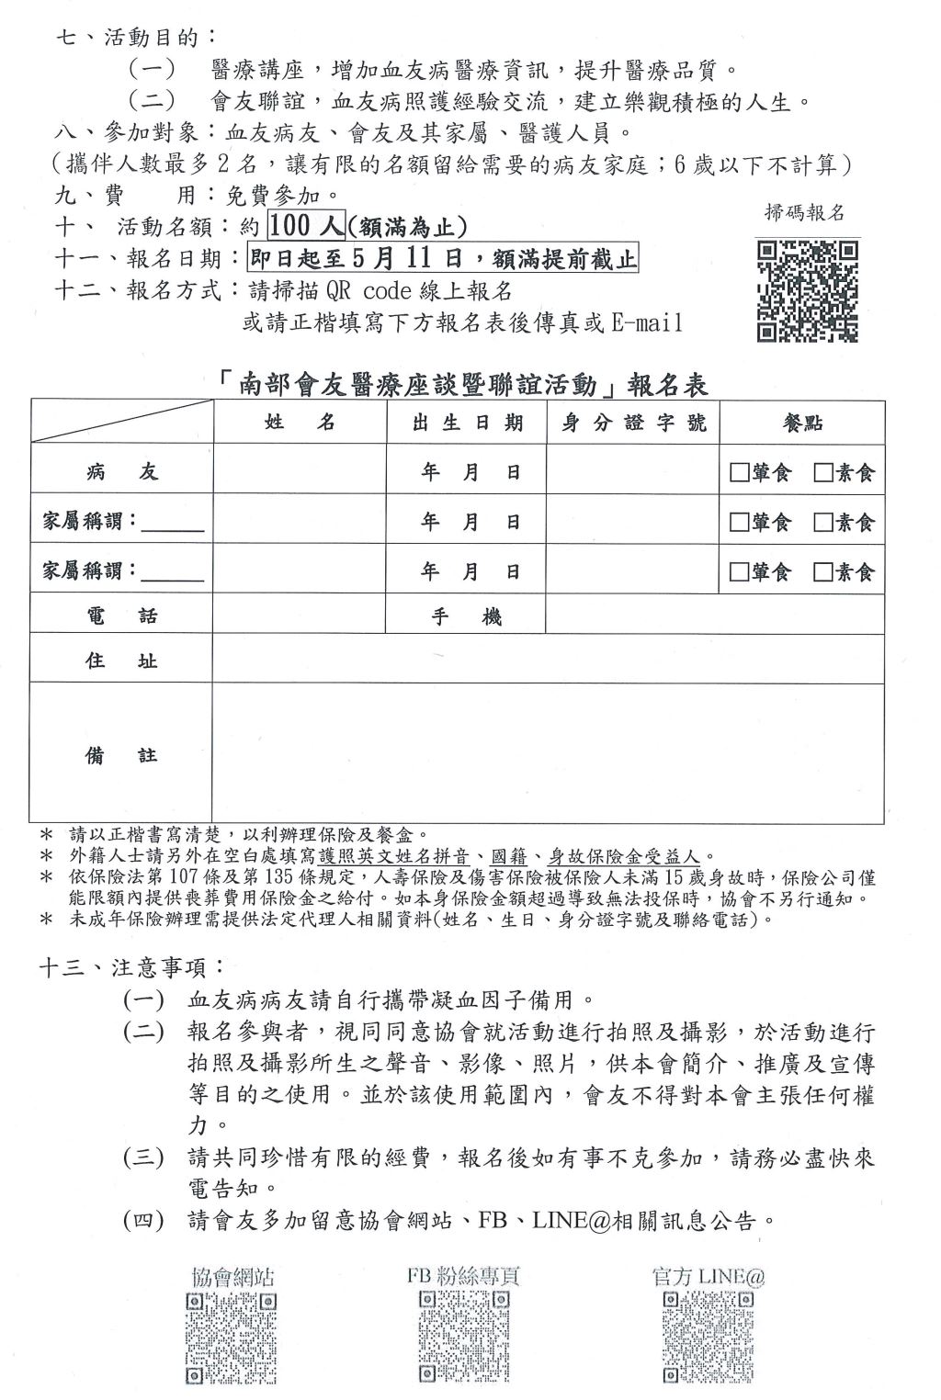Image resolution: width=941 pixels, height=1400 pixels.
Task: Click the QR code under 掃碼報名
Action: pos(807,291)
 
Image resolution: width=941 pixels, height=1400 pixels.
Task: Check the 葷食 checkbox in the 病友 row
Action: pos(739,473)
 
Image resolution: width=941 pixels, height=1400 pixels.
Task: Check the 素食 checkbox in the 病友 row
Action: pos(822,473)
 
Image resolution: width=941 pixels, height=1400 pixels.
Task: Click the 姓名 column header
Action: pos(300,423)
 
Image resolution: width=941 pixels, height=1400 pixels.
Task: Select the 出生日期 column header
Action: pos(467,423)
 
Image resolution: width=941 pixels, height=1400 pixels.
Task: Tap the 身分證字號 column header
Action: pos(633,423)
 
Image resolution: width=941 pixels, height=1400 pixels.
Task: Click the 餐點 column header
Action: pos(801,423)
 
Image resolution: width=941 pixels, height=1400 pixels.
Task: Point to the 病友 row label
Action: pos(121,472)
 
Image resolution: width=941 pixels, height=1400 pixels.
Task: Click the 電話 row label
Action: pos(121,615)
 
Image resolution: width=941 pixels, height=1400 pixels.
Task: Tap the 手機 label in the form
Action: pos(467,616)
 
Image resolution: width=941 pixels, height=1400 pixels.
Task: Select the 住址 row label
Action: pos(121,660)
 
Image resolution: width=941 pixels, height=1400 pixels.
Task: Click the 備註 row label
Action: pos(121,755)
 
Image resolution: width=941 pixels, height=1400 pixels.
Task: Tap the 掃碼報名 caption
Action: pos(804,213)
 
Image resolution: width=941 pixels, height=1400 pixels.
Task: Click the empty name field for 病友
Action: pos(300,472)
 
